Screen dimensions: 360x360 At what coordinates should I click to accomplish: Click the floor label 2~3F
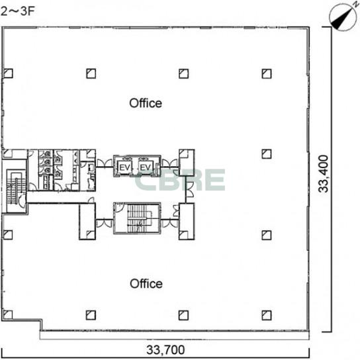(17, 11)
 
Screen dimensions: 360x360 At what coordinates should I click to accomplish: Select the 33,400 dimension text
(323, 173)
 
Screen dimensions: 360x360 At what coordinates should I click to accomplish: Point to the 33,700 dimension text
(165, 350)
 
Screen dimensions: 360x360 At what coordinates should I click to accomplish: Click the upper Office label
(146, 103)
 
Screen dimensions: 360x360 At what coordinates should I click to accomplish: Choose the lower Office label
(146, 283)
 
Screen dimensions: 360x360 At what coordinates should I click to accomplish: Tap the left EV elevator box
(125, 167)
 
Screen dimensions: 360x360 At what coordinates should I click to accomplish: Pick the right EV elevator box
(146, 167)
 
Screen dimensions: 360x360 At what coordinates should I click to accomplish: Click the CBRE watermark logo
(179, 180)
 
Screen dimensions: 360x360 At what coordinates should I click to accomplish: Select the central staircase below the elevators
(137, 218)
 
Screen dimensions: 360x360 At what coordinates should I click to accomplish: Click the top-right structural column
(267, 73)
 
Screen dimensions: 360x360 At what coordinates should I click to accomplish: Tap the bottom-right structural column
(267, 315)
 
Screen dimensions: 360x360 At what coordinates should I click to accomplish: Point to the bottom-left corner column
(7, 314)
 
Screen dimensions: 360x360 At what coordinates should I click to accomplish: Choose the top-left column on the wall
(8, 73)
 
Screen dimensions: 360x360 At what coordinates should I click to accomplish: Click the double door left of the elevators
(105, 163)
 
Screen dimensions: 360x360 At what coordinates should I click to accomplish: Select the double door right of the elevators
(170, 163)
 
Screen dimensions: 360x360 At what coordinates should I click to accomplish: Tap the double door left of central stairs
(105, 223)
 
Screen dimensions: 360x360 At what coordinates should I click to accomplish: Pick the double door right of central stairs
(170, 223)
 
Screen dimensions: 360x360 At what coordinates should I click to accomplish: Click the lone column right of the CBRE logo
(267, 154)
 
